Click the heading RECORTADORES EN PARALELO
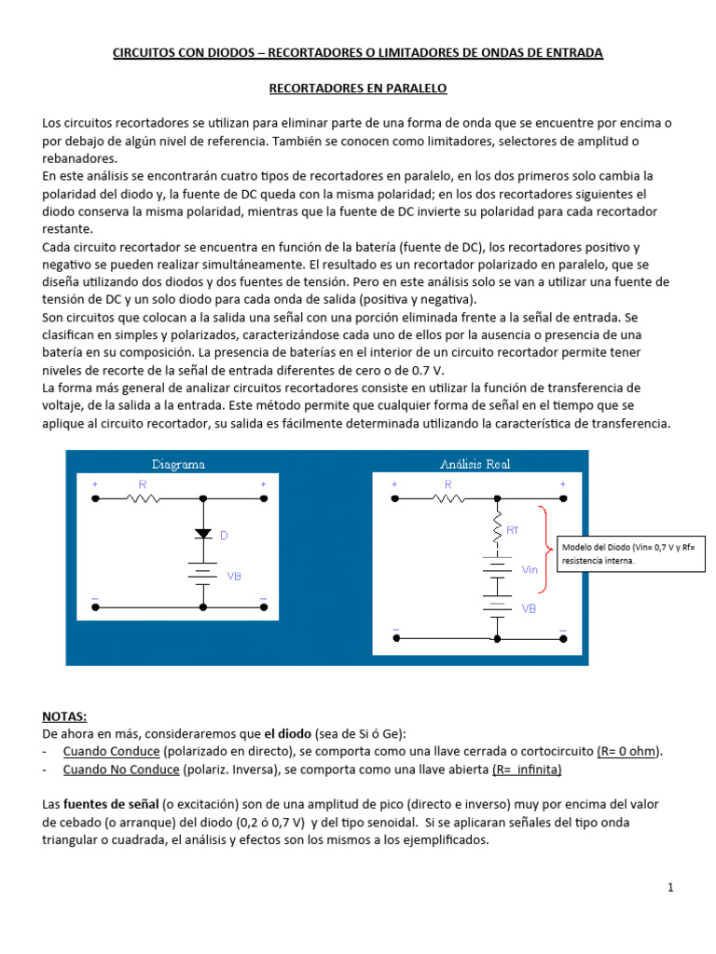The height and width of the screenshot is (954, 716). coord(358,89)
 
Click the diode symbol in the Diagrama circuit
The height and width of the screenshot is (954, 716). coord(202,534)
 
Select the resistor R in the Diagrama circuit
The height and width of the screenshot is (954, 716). coord(143,499)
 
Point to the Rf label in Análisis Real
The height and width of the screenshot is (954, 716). coord(512,530)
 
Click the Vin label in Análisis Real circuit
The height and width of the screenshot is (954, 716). coord(530,569)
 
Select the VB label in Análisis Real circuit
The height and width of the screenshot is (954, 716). coord(529,608)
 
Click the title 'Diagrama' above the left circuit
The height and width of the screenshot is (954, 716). coord(178,464)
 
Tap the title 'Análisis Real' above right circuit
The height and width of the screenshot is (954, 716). coord(475,464)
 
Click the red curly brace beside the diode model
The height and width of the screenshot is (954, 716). coord(544,550)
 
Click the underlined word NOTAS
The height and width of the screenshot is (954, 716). coord(64,716)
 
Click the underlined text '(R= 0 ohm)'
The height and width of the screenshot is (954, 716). coord(631,752)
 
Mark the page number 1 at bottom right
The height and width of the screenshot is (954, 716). coord(670,888)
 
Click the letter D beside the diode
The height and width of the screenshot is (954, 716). coord(224,536)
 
